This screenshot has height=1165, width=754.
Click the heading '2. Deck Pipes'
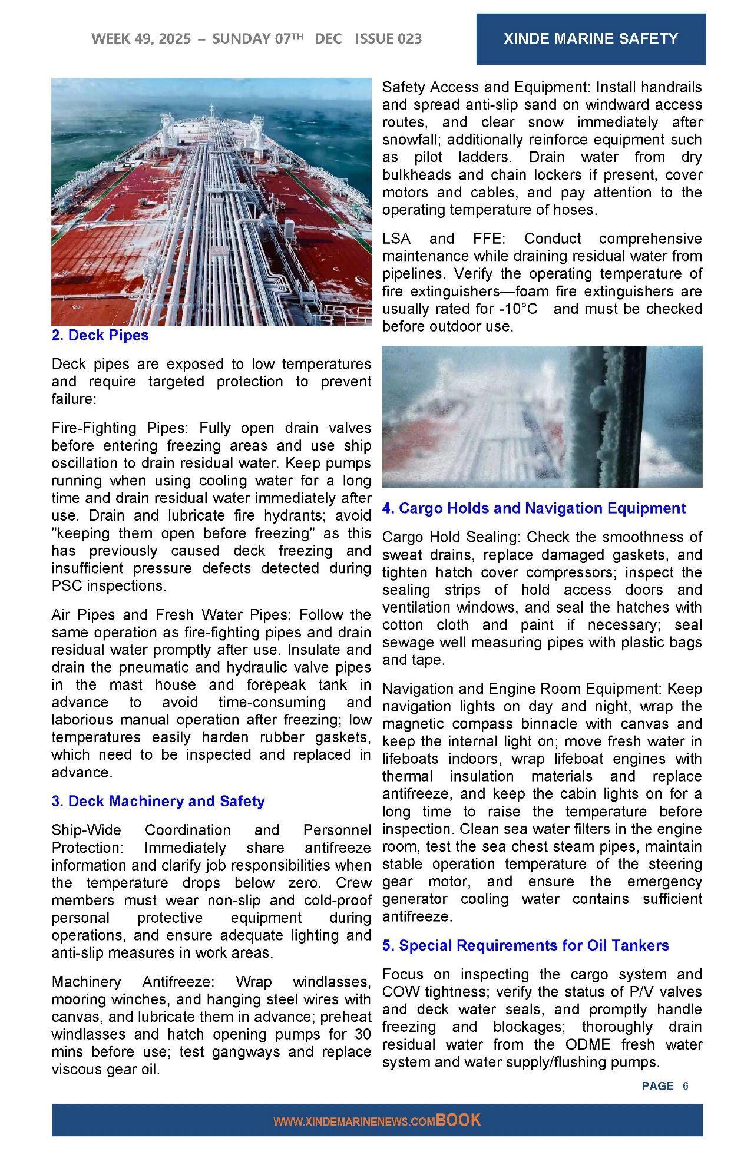click(x=100, y=335)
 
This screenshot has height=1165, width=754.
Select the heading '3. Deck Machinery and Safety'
click(x=158, y=801)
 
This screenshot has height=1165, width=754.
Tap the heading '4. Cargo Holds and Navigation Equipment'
click(x=534, y=508)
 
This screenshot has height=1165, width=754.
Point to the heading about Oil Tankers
click(x=525, y=945)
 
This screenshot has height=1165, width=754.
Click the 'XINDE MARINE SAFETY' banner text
click(x=591, y=39)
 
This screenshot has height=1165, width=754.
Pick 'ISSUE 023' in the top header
click(x=388, y=39)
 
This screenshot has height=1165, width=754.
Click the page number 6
click(x=686, y=1086)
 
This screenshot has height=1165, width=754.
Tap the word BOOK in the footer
click(x=458, y=1120)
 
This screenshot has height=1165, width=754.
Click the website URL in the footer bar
click(x=354, y=1122)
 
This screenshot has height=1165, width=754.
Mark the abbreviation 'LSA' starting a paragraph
click(x=396, y=239)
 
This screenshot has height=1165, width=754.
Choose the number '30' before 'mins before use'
click(x=363, y=1035)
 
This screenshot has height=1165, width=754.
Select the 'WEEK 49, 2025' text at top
click(x=141, y=39)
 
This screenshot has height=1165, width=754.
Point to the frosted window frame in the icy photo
click(x=607, y=416)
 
